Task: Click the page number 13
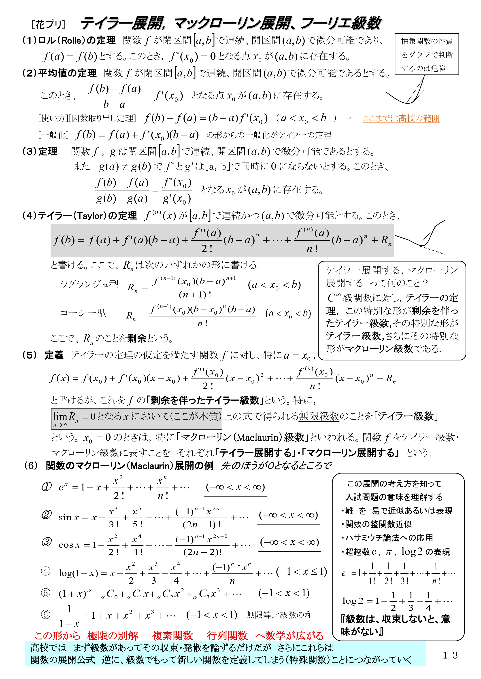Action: click(450, 655)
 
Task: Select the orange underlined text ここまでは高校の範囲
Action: click(401, 119)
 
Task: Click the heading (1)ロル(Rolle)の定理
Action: click(69, 40)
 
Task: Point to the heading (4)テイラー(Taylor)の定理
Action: click(79, 216)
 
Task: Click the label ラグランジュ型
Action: click(89, 284)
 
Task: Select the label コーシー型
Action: click(83, 313)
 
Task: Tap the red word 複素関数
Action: click(172, 635)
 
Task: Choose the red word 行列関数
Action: click(227, 635)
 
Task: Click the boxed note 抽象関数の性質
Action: click(427, 41)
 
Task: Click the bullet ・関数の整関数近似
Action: click(377, 524)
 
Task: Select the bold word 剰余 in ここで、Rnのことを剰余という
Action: click(136, 338)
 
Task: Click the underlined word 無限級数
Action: click(319, 416)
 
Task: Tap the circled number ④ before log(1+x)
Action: click(46, 571)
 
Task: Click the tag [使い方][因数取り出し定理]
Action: click(87, 119)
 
